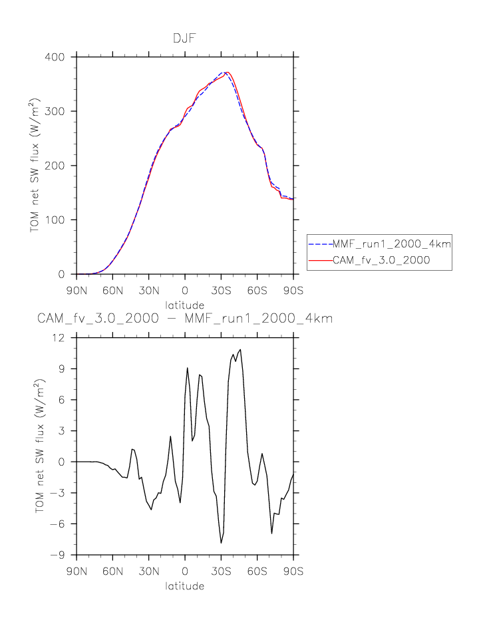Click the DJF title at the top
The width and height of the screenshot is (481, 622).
(185, 39)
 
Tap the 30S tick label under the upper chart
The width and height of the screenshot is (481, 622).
(222, 291)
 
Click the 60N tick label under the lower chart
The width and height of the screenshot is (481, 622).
(113, 571)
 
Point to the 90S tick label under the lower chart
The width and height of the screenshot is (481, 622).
(293, 571)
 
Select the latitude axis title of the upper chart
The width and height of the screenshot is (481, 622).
(185, 305)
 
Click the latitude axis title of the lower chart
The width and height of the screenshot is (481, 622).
(185, 586)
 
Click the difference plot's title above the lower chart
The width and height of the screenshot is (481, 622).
(185, 319)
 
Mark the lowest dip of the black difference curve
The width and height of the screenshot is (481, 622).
(222, 543)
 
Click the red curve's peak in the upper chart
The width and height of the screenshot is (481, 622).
(228, 72)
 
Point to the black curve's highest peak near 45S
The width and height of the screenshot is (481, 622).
(240, 349)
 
